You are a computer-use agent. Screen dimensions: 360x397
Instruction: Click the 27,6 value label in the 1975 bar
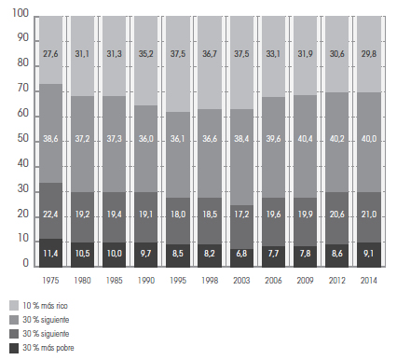click(x=51, y=54)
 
